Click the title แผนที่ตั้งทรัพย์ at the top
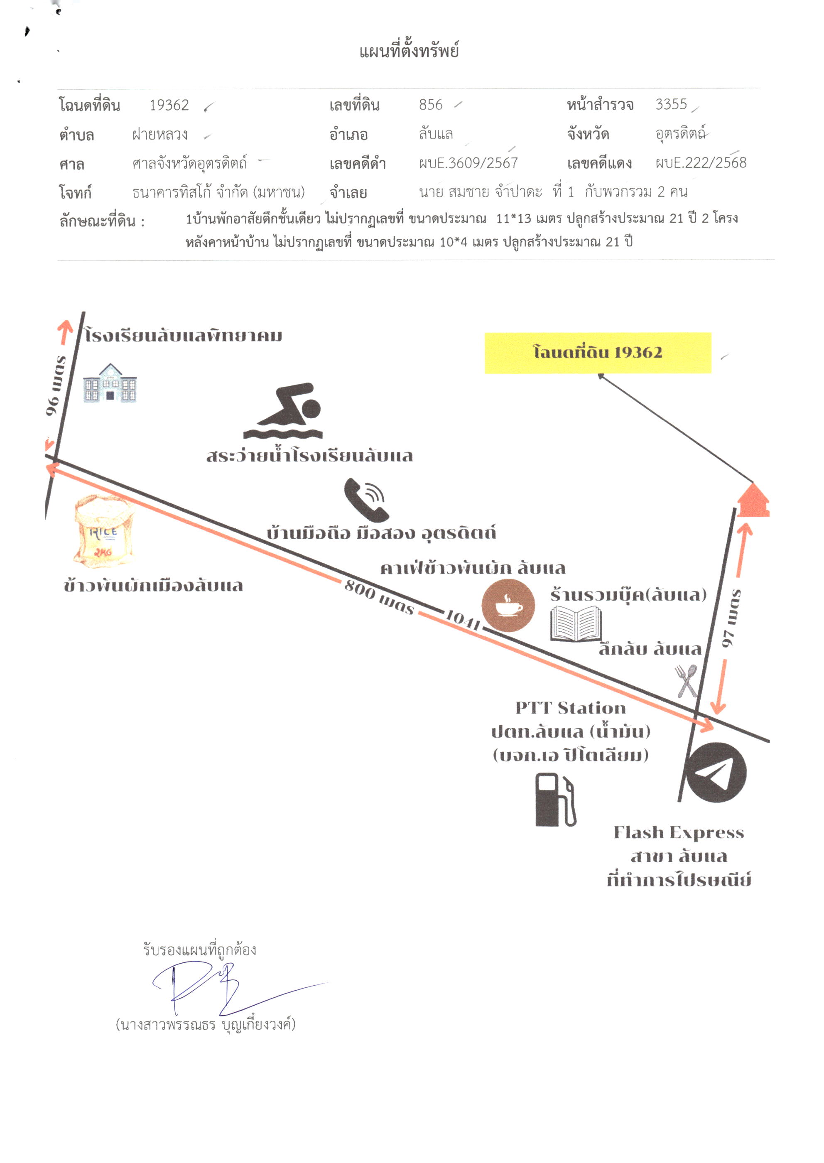coord(409,51)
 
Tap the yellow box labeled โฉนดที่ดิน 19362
coord(598,353)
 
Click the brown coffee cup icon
coord(508,605)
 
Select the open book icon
coord(576,625)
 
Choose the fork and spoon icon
coord(687,681)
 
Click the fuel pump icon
coord(556,800)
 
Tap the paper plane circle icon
coord(716,773)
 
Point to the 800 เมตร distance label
coord(379,597)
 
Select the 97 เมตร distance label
coord(731,618)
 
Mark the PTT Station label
coord(570,708)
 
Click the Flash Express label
coord(679,833)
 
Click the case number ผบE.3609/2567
coord(468,163)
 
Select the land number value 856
coord(430,105)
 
